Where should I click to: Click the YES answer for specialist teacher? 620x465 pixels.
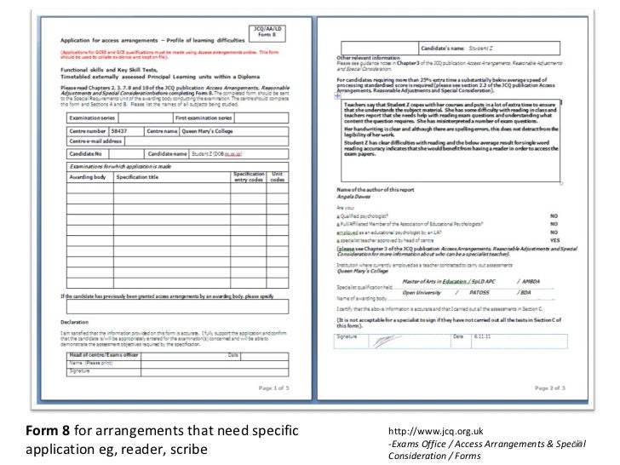[554, 240]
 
